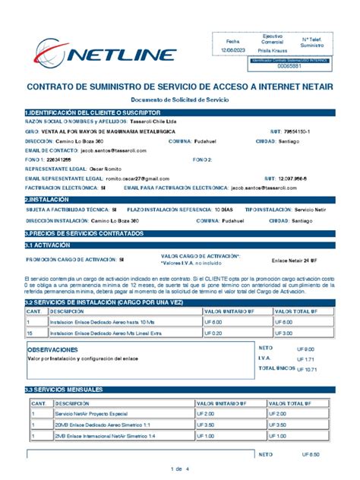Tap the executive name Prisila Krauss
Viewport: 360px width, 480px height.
click(x=273, y=49)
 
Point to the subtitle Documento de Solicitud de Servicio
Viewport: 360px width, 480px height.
click(x=179, y=100)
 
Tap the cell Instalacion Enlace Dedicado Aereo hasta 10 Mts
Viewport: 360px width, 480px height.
click(x=99, y=322)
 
